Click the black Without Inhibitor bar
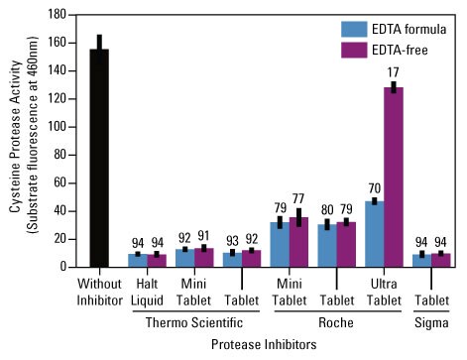coord(99,159)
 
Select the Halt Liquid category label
coord(146,289)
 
